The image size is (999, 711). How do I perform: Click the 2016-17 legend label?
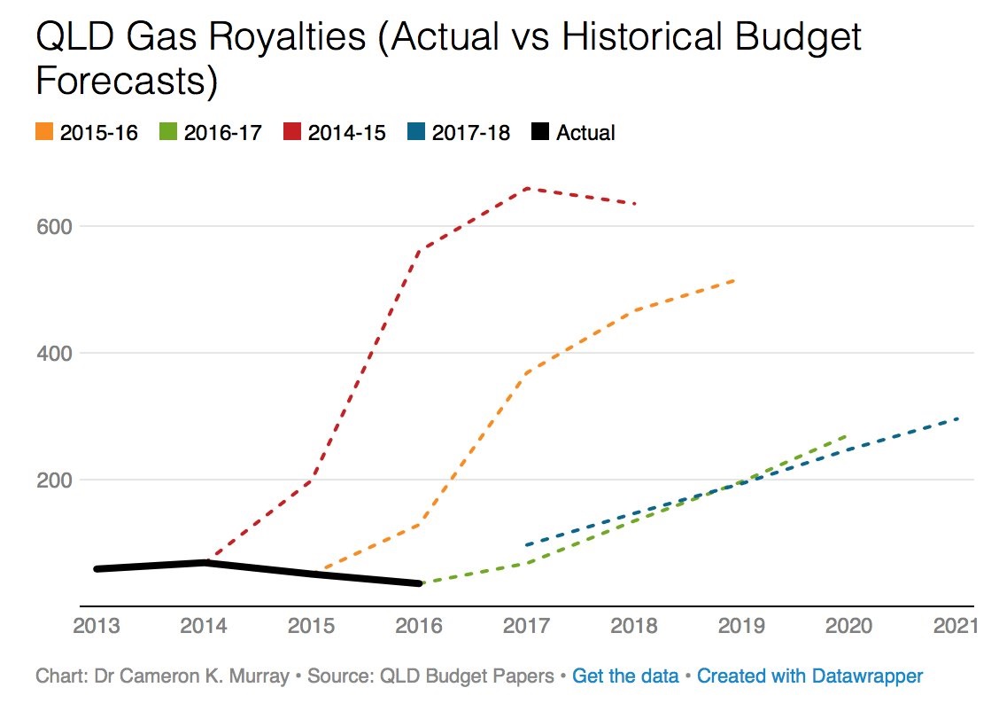[221, 133]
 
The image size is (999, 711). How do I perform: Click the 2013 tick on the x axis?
[96, 625]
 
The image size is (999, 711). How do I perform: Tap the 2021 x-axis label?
[954, 625]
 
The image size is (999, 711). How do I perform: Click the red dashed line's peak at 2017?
[528, 188]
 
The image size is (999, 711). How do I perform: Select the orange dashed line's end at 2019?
[735, 280]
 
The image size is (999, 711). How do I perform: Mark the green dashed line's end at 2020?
[847, 435]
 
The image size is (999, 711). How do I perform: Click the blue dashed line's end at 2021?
[958, 418]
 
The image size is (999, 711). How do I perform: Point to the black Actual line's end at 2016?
[420, 583]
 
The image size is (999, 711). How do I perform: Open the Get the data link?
[625, 676]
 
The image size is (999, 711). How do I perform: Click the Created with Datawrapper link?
[809, 676]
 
